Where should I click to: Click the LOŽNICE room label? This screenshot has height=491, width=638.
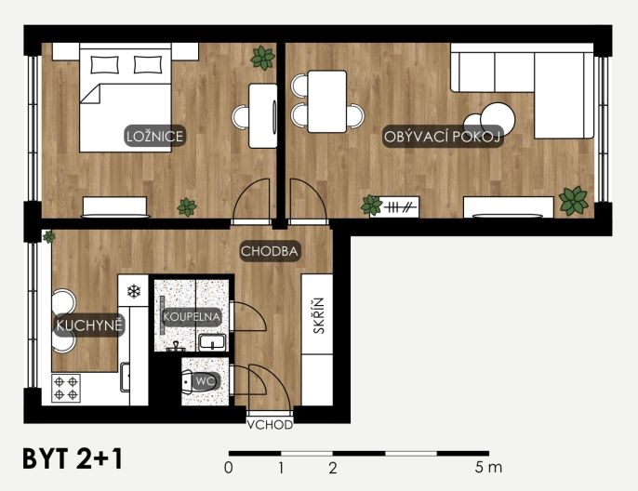[x=154, y=136]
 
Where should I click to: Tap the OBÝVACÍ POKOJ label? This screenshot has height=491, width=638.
[x=442, y=137]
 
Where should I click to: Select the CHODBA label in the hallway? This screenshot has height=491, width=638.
[x=270, y=251]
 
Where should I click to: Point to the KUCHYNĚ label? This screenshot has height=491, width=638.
[x=89, y=325]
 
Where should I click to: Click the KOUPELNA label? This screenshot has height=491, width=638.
[x=192, y=316]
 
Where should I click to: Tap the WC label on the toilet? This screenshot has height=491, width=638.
[x=206, y=381]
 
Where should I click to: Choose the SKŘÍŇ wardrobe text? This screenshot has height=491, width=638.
[x=319, y=315]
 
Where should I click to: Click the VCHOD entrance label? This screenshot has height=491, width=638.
[x=270, y=425]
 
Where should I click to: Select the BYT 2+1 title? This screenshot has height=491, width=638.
[x=73, y=459]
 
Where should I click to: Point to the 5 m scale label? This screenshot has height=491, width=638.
[x=488, y=468]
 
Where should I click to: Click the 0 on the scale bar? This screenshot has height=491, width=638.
[x=229, y=469]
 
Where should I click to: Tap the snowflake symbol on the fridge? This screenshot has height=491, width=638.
[x=134, y=290]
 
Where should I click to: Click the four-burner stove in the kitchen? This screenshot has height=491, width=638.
[x=66, y=388]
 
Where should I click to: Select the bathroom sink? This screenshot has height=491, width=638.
[x=212, y=342]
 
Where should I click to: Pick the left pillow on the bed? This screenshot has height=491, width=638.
[x=104, y=65]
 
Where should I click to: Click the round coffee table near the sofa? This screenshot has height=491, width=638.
[x=498, y=120]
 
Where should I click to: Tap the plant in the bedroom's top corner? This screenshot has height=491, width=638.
[x=263, y=58]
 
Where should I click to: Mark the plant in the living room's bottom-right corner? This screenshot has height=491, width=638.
[x=574, y=201]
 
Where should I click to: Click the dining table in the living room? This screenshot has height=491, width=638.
[x=327, y=101]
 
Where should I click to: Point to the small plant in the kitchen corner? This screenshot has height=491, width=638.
[x=48, y=236]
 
